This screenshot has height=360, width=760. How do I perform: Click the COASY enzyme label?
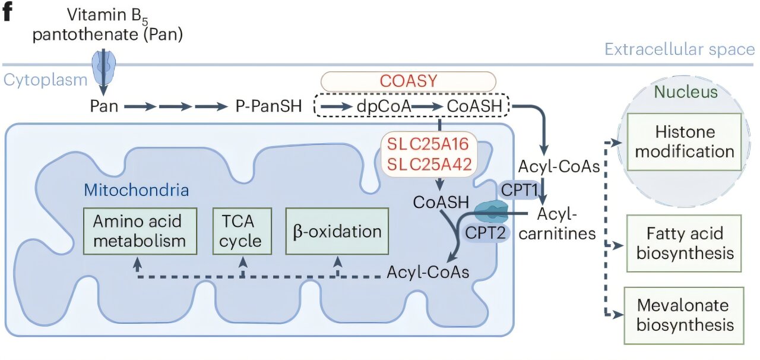click(x=408, y=81)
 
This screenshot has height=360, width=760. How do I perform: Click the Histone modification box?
click(x=685, y=141)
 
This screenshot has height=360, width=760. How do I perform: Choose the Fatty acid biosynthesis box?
click(x=685, y=244)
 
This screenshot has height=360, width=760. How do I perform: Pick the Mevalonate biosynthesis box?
click(x=685, y=315)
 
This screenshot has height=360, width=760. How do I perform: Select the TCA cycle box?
click(x=242, y=231)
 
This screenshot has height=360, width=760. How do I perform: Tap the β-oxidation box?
click(x=337, y=231)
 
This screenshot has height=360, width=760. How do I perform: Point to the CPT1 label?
click(x=520, y=191)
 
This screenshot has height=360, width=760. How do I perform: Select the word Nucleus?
click(x=686, y=92)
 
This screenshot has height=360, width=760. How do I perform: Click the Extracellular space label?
click(x=679, y=49)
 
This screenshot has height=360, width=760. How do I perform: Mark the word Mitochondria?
click(x=136, y=191)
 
